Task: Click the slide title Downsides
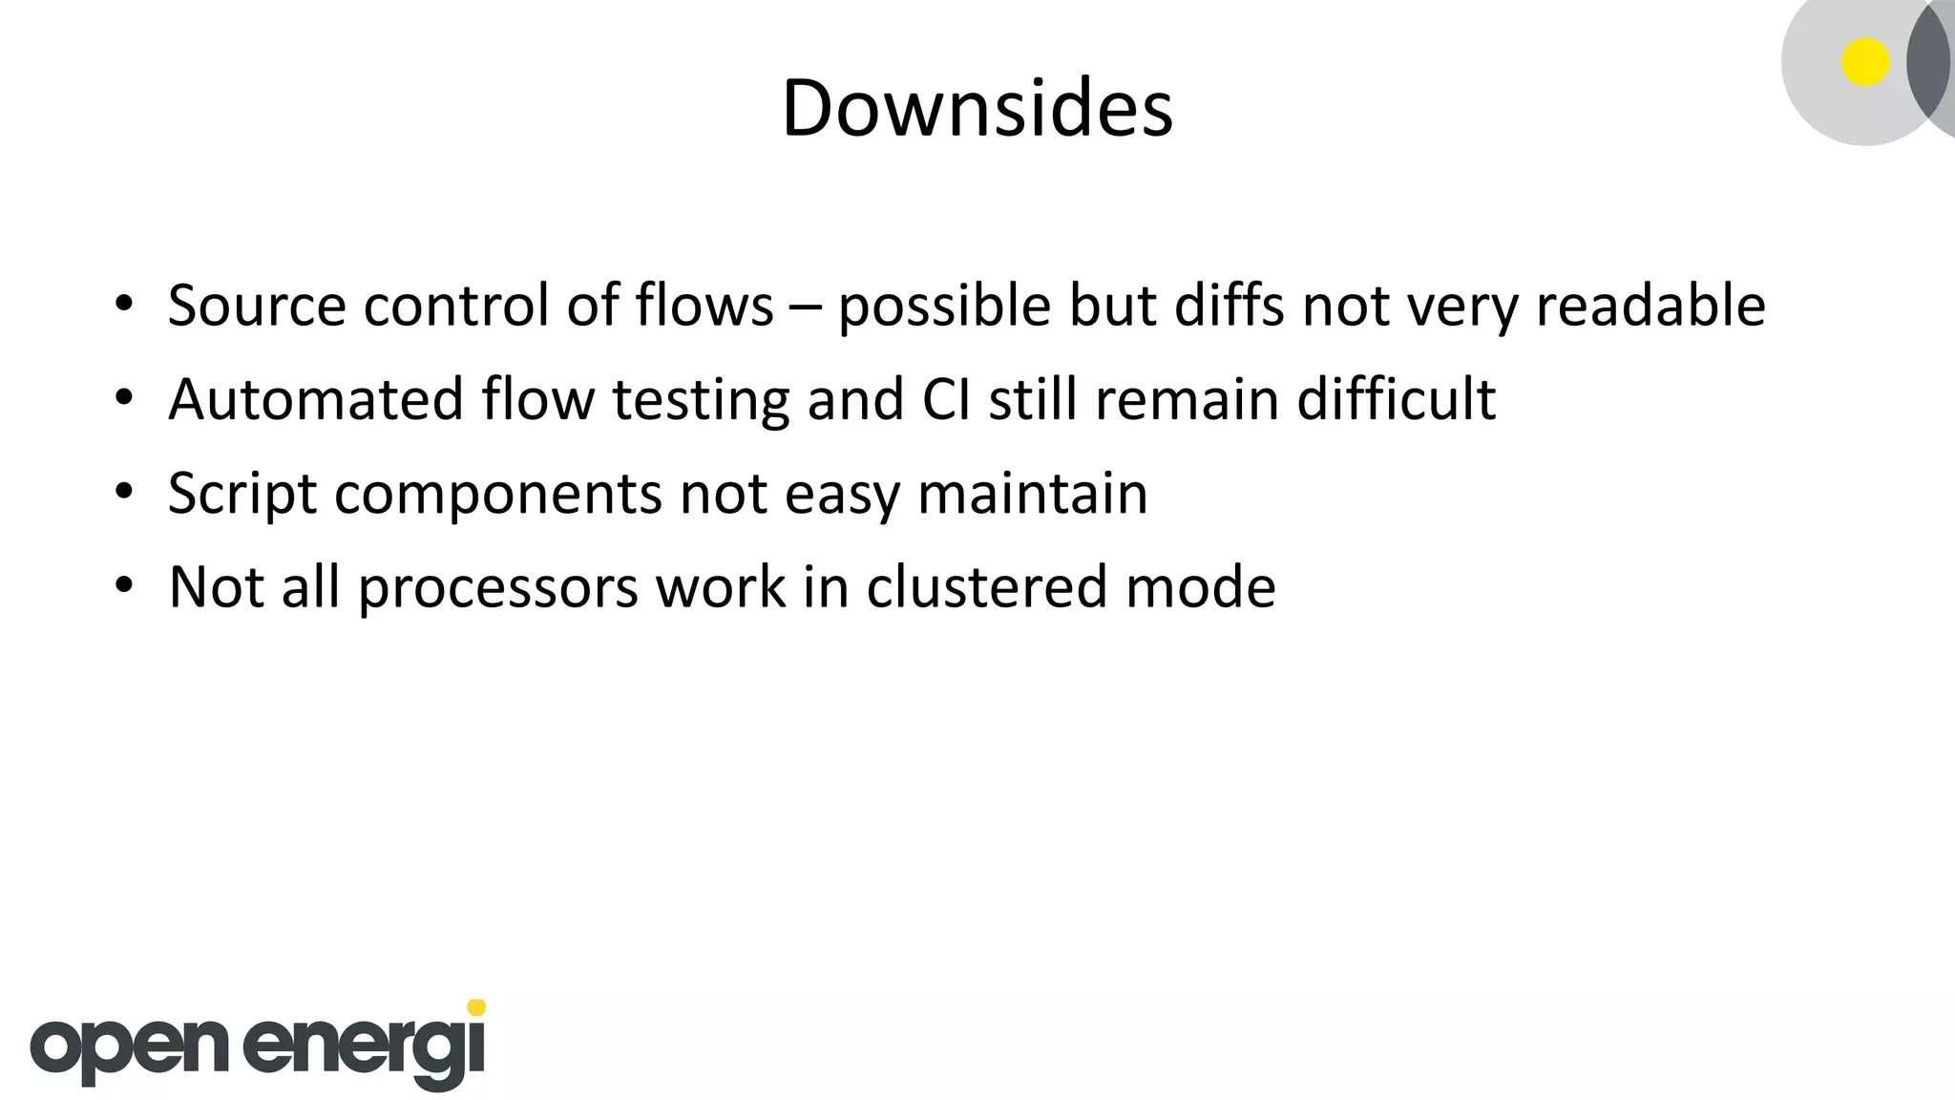coord(977,108)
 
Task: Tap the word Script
coord(242,494)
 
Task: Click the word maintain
coord(1032,494)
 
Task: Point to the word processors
coord(498,588)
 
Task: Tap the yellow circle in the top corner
coord(1865,62)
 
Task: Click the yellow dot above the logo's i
coord(476,1007)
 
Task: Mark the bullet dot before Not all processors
coord(123,585)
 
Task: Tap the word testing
coord(701,400)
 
